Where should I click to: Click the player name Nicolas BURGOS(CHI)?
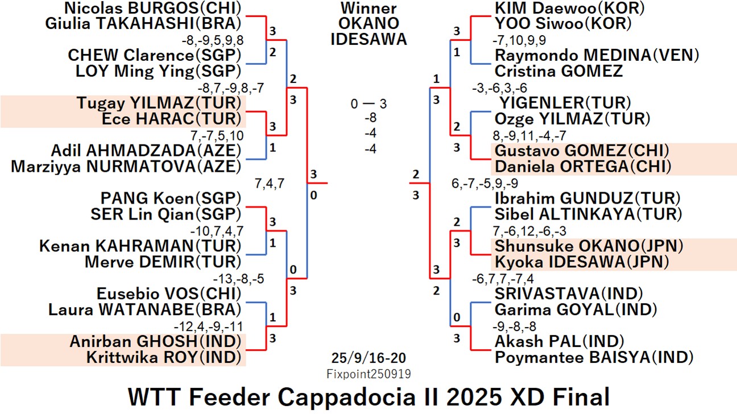(152, 8)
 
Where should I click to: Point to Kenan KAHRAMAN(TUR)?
(140, 246)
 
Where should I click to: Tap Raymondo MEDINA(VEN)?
(597, 56)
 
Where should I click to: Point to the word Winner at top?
(368, 9)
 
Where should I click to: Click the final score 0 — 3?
(368, 104)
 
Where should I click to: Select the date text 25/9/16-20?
(368, 359)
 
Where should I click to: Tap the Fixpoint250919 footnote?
(368, 374)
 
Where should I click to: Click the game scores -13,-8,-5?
(238, 279)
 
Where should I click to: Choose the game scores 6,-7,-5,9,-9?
(485, 183)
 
